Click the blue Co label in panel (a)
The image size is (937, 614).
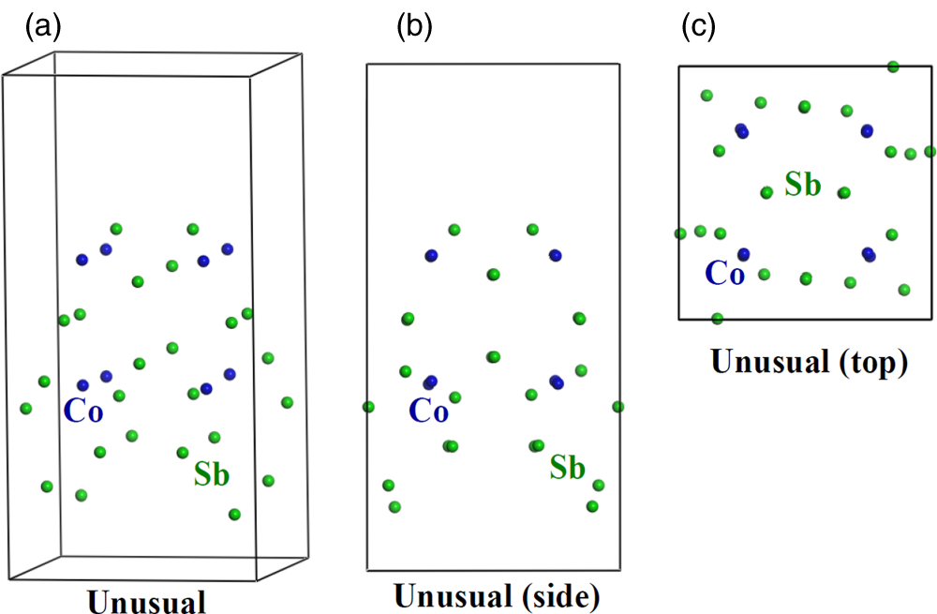coord(83,412)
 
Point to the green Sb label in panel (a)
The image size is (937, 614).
coord(212,474)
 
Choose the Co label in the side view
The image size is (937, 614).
coord(428,412)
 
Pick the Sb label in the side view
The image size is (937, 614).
coord(569,467)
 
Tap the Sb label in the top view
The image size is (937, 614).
coord(803,185)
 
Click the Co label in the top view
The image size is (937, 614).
coord(724,274)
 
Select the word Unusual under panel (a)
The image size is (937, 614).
coord(146,601)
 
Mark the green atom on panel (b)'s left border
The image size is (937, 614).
coord(368,407)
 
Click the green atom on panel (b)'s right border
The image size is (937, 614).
coord(617,406)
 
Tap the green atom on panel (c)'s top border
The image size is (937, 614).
coord(893,67)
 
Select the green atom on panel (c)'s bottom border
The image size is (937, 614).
coord(717,319)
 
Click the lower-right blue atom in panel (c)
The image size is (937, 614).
coord(869,253)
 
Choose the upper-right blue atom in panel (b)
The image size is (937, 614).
coord(555,255)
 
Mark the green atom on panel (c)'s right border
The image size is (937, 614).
coord(930,151)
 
